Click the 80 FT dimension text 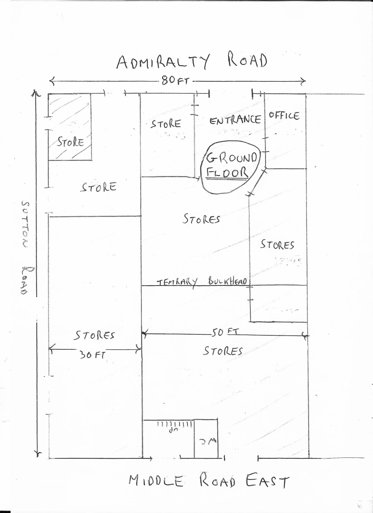pyautogui.click(x=175, y=81)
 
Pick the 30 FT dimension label pyautogui.click(x=92, y=355)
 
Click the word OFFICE pyautogui.click(x=284, y=116)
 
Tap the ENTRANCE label pyautogui.click(x=235, y=120)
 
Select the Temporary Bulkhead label pyautogui.click(x=202, y=282)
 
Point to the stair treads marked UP pyautogui.click(x=175, y=424)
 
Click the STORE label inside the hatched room pyautogui.click(x=70, y=142)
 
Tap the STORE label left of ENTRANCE pyautogui.click(x=165, y=124)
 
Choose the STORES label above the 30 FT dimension pyautogui.click(x=94, y=335)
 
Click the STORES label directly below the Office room pyautogui.click(x=277, y=244)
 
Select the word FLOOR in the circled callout pyautogui.click(x=227, y=173)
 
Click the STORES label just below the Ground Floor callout pyautogui.click(x=201, y=219)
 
